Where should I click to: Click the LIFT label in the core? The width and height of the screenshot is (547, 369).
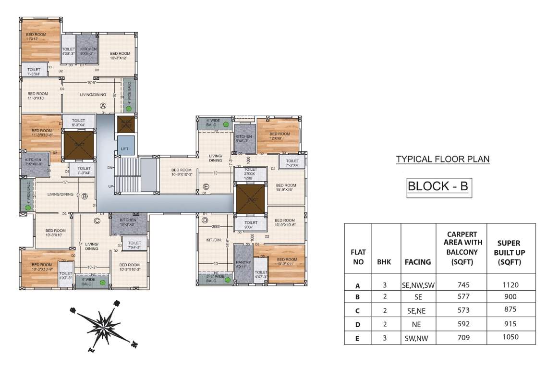tap(124, 149)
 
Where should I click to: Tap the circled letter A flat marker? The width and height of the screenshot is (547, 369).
tap(102, 106)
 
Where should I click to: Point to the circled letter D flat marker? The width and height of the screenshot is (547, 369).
tap(205, 221)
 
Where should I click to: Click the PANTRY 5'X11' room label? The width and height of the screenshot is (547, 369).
tap(243, 265)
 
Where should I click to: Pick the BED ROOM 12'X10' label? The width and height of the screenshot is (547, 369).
tap(279, 136)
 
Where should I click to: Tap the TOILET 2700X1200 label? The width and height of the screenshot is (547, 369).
tap(251, 174)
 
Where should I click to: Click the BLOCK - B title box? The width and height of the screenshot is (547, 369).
tap(438, 186)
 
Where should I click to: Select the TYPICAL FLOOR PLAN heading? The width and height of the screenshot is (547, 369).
tap(442, 159)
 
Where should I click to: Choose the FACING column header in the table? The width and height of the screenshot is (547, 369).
tap(417, 262)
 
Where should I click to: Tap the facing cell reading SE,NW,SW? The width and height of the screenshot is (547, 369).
tap(417, 285)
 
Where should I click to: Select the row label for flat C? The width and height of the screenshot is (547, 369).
tap(357, 311)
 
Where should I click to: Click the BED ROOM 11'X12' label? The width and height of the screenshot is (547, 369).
tap(35, 37)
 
